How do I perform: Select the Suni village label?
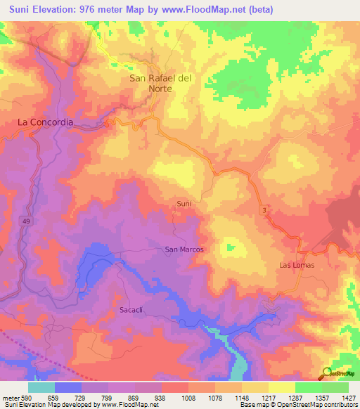(184, 204)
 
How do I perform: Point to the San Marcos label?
(184, 249)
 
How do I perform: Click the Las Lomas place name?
(297, 265)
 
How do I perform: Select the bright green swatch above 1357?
(308, 387)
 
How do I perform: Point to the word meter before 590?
(10, 397)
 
